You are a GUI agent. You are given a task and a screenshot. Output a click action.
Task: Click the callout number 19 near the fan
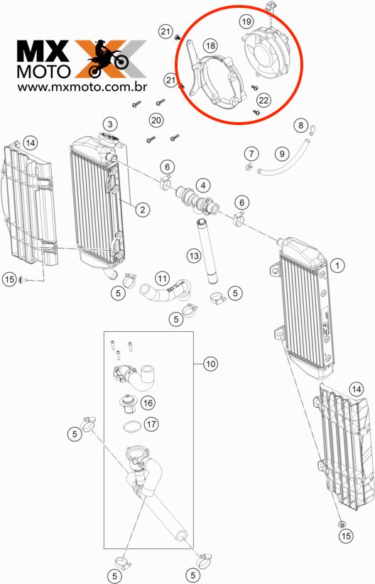[x=246, y=22]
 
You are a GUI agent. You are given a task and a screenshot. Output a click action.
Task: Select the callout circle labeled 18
[x=210, y=45]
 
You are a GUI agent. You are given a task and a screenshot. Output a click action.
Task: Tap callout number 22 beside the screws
[x=263, y=100]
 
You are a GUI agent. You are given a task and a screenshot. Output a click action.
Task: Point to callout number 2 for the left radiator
[x=143, y=210]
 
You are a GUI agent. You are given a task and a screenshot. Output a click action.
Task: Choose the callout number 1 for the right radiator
[x=337, y=266]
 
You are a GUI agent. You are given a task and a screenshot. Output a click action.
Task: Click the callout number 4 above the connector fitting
[x=203, y=185]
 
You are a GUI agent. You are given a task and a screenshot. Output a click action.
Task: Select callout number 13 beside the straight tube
[x=194, y=256]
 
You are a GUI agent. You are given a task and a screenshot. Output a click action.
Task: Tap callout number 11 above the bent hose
[x=163, y=279]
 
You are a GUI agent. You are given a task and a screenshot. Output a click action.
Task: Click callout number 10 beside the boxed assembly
[x=211, y=364]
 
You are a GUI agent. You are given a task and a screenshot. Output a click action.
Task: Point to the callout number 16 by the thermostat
[x=148, y=403]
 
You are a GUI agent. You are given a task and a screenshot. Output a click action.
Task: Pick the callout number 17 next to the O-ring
[x=151, y=424]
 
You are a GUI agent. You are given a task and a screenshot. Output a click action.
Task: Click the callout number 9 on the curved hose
[x=282, y=153]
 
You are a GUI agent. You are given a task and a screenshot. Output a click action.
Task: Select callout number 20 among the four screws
[x=156, y=120]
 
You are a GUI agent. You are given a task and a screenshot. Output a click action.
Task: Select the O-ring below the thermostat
[x=132, y=426]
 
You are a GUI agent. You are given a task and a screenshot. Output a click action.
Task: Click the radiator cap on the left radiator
[x=109, y=139]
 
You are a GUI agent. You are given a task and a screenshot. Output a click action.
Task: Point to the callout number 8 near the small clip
[x=301, y=125]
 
